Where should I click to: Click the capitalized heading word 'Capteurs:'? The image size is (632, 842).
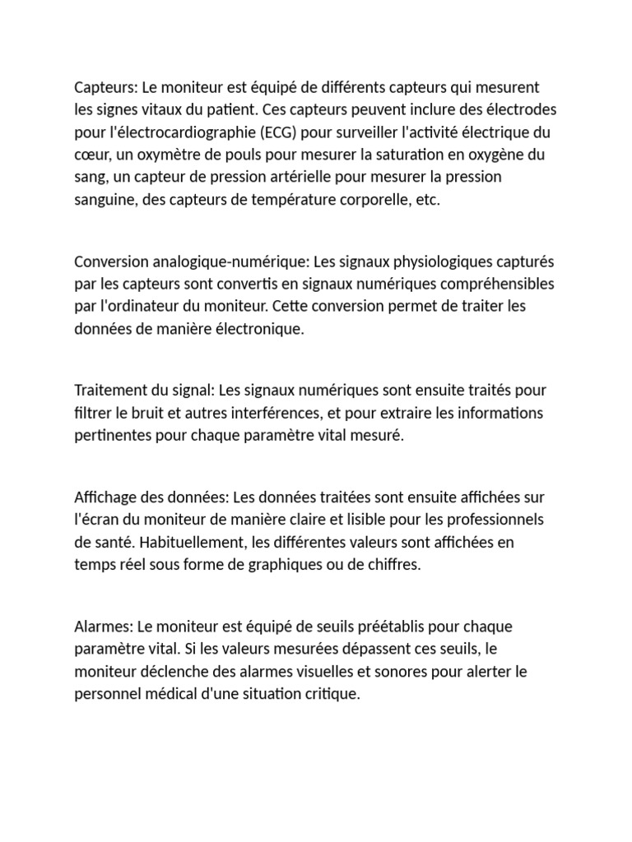[105, 87]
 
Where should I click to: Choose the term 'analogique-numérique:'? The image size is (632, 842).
[221, 261]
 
